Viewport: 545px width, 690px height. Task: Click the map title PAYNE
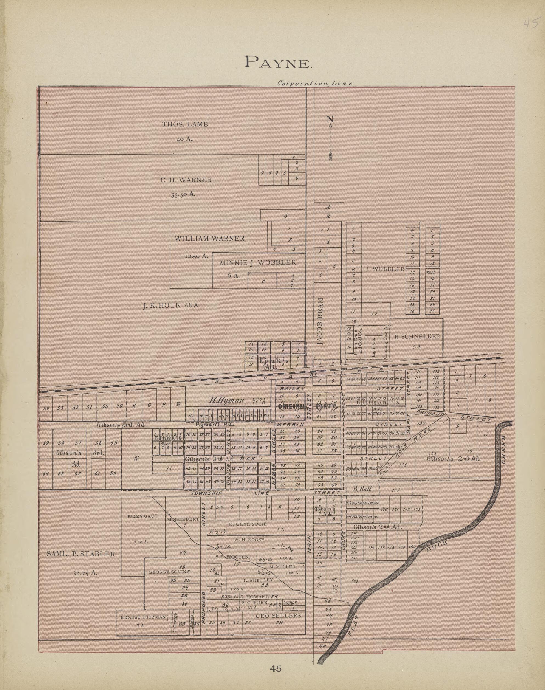(x=277, y=62)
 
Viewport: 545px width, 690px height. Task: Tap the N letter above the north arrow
(x=330, y=119)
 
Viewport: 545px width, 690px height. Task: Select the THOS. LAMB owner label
(x=185, y=125)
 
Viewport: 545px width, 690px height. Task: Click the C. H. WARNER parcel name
(x=186, y=180)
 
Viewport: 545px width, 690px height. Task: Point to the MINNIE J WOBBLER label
(x=258, y=263)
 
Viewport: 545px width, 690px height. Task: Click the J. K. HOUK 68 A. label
(x=171, y=305)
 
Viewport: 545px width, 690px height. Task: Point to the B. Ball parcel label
(x=362, y=489)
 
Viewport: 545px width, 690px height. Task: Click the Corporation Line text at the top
(x=315, y=83)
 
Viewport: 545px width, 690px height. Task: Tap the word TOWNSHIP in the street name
(x=206, y=493)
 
